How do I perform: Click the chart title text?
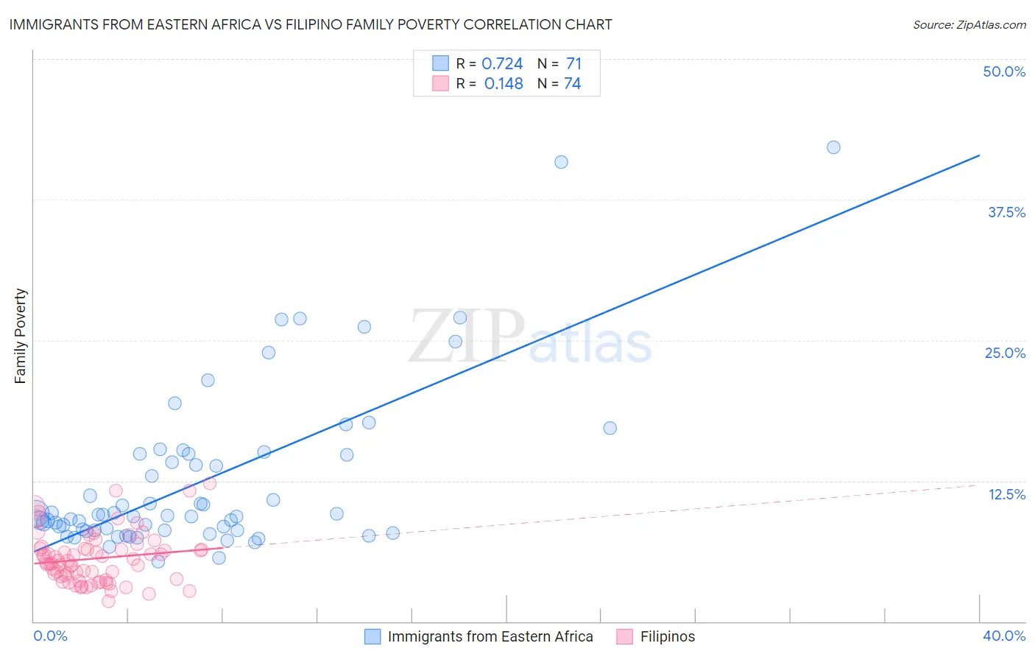tap(310, 24)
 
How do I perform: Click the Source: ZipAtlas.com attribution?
tap(969, 25)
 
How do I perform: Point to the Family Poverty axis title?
tap(21, 336)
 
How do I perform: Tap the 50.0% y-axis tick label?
tap(1004, 71)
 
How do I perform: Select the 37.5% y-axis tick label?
tap(1006, 212)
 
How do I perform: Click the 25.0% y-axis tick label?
tap(1005, 353)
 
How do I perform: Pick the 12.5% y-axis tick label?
tap(1006, 494)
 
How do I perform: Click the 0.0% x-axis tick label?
tap(50, 636)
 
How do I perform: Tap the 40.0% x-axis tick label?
tap(1004, 636)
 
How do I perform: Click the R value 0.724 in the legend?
tap(502, 64)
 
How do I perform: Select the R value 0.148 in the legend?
tap(504, 84)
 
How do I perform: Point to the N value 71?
tap(573, 64)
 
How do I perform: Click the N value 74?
tap(572, 84)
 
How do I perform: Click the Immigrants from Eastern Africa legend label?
tap(490, 636)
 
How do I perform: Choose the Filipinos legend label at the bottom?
tap(668, 636)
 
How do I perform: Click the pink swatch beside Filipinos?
tap(625, 636)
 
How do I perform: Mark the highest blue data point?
tap(833, 147)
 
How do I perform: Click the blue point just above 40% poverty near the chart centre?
tap(561, 162)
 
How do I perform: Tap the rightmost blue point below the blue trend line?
tap(610, 428)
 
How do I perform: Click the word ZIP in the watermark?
tap(466, 337)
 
